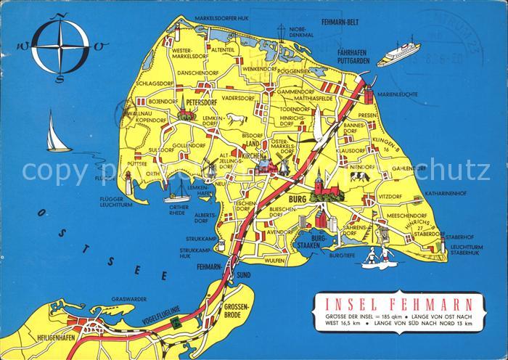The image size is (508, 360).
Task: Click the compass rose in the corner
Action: [x=63, y=46]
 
